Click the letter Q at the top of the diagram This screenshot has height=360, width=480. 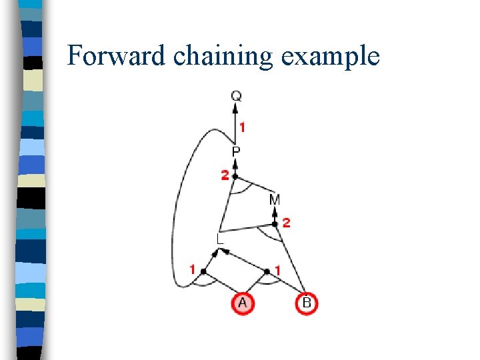click(x=236, y=96)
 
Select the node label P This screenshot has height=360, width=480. click(x=236, y=153)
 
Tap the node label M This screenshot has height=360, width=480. click(x=275, y=199)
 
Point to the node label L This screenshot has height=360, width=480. click(x=220, y=238)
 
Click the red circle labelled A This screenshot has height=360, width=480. click(x=242, y=303)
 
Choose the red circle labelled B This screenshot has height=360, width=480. click(x=306, y=303)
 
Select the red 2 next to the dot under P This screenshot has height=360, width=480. click(x=225, y=175)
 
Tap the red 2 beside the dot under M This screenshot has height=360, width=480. click(x=286, y=223)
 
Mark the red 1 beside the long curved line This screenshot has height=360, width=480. click(x=193, y=270)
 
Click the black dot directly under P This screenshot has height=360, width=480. click(x=235, y=176)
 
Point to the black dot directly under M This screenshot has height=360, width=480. click(x=275, y=224)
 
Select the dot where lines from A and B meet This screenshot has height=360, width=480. click(x=267, y=271)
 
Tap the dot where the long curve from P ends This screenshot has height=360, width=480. click(x=203, y=271)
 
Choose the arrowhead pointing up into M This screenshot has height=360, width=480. click(x=275, y=211)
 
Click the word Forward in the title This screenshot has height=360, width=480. click(x=116, y=56)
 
